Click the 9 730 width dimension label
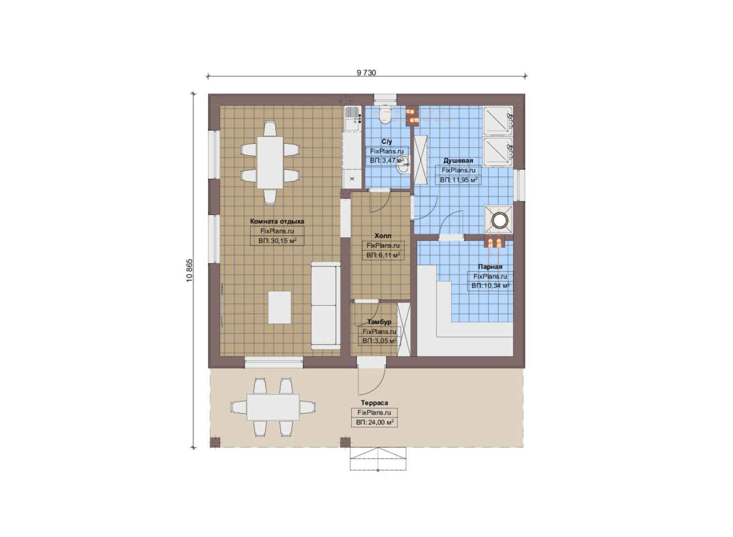tap(366, 73)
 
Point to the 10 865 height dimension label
tap(190, 270)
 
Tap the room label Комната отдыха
tap(277, 221)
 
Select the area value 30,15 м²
tap(277, 241)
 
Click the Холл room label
tap(383, 236)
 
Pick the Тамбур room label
tap(379, 322)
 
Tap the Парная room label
tap(490, 267)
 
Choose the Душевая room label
tap(458, 161)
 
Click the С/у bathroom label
tap(386, 142)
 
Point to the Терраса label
tap(374, 403)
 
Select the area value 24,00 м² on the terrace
tap(374, 423)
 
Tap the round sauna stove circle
tap(498, 220)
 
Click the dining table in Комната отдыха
tap(270, 163)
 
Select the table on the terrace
tap(273, 407)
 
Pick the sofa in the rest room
tap(325, 306)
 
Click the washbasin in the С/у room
tap(403, 168)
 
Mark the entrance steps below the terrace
tap(378, 458)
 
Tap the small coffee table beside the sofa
tap(280, 307)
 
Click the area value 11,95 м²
tap(458, 180)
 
